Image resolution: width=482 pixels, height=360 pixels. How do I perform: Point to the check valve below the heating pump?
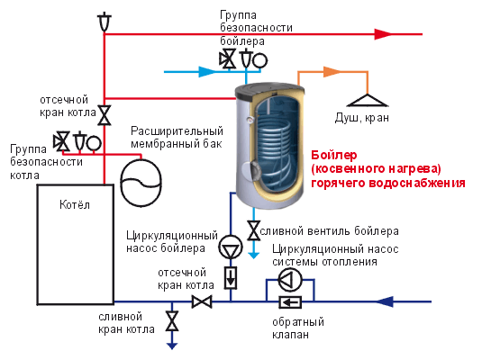click(x=290, y=303)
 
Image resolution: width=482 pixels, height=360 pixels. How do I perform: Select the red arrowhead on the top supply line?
click(x=382, y=34)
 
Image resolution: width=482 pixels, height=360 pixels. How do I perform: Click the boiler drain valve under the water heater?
click(x=254, y=229)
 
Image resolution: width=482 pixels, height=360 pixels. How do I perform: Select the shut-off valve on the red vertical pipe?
click(x=105, y=115)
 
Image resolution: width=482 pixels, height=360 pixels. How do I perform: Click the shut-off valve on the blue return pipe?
click(x=203, y=302)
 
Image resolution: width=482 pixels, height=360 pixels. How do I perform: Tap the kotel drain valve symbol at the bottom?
click(x=171, y=320)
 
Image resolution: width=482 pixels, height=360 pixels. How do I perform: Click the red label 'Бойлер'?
click(x=332, y=155)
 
